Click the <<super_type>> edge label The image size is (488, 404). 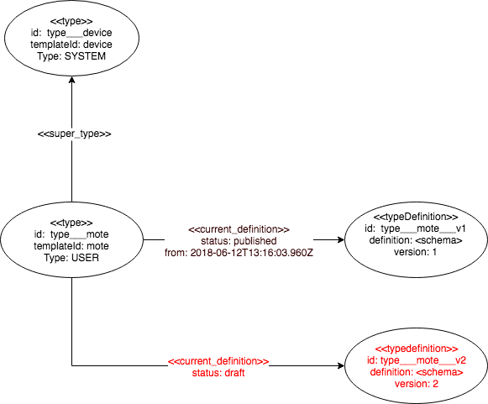point(74,134)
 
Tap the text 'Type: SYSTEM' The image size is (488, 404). point(71,56)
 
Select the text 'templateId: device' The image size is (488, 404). point(71,45)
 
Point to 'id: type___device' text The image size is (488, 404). point(71,33)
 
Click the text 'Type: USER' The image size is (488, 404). point(71,258)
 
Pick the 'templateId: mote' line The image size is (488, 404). point(71,246)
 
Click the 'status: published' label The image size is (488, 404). point(239,241)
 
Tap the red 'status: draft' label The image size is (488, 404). point(218,373)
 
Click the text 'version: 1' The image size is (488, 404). point(416,252)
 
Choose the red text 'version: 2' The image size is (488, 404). point(417,384)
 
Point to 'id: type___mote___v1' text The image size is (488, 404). point(416,228)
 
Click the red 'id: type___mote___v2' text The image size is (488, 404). point(417,360)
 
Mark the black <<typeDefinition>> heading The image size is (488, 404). point(416,217)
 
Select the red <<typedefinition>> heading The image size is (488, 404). point(417,349)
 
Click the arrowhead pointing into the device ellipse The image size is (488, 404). point(72,80)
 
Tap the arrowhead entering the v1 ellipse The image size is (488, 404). point(341,239)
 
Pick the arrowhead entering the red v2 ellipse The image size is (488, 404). point(341,365)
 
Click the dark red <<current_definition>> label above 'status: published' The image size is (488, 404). point(239,229)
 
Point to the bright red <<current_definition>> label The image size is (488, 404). point(218,361)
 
